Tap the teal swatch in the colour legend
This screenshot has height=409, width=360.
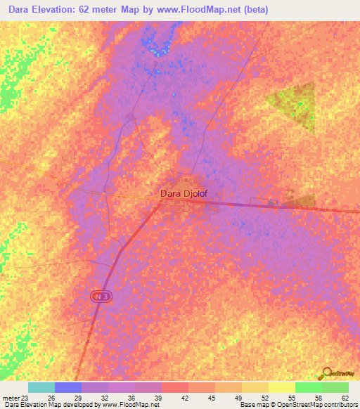41,387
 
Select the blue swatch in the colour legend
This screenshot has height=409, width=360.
68,387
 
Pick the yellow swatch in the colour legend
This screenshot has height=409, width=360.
281,387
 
